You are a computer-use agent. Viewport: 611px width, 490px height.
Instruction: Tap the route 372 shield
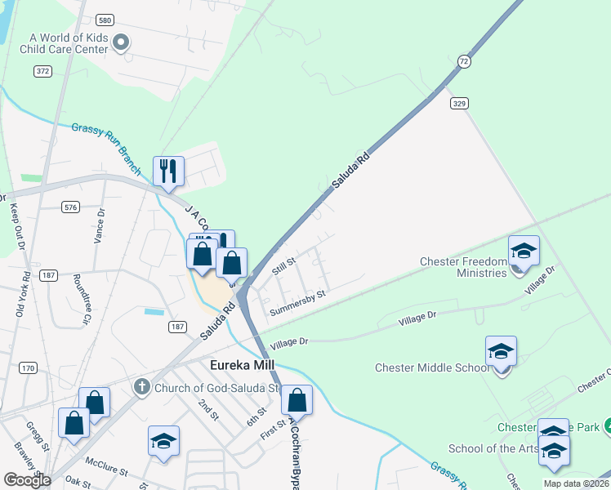click(x=43, y=72)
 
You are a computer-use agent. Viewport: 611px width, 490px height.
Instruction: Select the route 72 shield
click(x=464, y=61)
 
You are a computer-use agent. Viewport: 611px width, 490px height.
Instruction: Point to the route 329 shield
click(x=457, y=103)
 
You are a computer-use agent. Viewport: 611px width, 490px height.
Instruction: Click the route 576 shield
click(x=70, y=207)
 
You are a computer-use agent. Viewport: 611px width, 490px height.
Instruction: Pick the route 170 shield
click(x=29, y=368)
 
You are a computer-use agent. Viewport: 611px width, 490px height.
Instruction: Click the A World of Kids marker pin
click(x=122, y=42)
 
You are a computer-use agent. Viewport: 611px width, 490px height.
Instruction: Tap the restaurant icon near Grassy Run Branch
click(x=168, y=171)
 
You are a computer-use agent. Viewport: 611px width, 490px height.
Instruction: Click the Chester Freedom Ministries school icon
click(x=524, y=250)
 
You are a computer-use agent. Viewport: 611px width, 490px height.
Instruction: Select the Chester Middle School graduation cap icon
click(x=501, y=351)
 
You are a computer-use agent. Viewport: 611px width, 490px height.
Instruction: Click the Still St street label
click(x=283, y=265)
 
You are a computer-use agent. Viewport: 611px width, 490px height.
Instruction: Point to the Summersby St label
click(x=298, y=299)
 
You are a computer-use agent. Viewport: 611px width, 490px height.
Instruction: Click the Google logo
click(x=27, y=480)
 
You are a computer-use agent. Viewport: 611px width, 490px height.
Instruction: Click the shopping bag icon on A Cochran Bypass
click(x=297, y=400)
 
